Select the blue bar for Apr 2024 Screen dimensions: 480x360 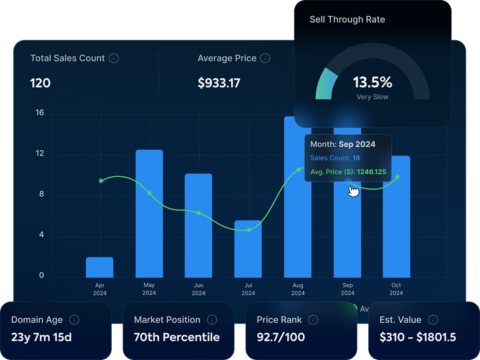click(100, 267)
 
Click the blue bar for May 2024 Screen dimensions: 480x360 click(149, 213)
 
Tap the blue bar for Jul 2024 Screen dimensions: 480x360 click(248, 249)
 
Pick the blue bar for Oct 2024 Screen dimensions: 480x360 click(397, 217)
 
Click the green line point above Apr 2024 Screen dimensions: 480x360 click(101, 181)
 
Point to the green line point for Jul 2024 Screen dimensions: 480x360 click(249, 230)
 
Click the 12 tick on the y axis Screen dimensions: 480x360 click(40, 153)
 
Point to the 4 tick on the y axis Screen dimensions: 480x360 click(41, 235)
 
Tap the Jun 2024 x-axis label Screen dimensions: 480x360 click(198, 289)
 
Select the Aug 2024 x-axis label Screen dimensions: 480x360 click(298, 289)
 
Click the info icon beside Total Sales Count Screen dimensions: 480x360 click(114, 58)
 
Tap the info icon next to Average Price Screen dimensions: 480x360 click(265, 58)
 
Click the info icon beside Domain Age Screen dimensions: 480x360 click(74, 320)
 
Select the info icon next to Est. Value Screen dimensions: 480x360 click(433, 320)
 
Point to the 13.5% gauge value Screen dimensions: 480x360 click(373, 82)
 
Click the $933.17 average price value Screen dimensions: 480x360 click(219, 83)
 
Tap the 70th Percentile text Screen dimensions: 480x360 click(177, 337)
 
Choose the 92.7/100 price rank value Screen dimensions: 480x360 click(280, 337)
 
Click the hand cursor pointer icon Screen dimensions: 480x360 click(353, 191)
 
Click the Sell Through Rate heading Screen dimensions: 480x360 click(347, 20)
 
